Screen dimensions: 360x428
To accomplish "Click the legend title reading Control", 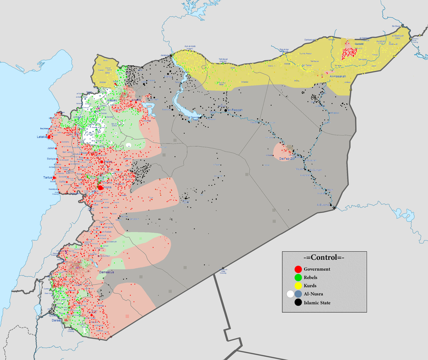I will click(x=323, y=257).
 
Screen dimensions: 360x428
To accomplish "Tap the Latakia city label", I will click(x=42, y=137).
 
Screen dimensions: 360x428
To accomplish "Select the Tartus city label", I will click(x=47, y=177).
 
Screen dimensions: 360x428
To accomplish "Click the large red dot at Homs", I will click(x=100, y=187).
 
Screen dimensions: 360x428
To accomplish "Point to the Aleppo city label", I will click(x=111, y=100).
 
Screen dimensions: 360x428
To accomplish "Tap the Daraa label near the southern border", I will click(x=57, y=320).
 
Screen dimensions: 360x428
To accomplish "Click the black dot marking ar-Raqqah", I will click(x=226, y=110).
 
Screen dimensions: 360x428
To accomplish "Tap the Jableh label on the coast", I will click(x=44, y=148).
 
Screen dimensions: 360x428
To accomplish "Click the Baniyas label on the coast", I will click(x=51, y=158).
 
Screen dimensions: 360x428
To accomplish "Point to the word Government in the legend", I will click(x=317, y=269).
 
